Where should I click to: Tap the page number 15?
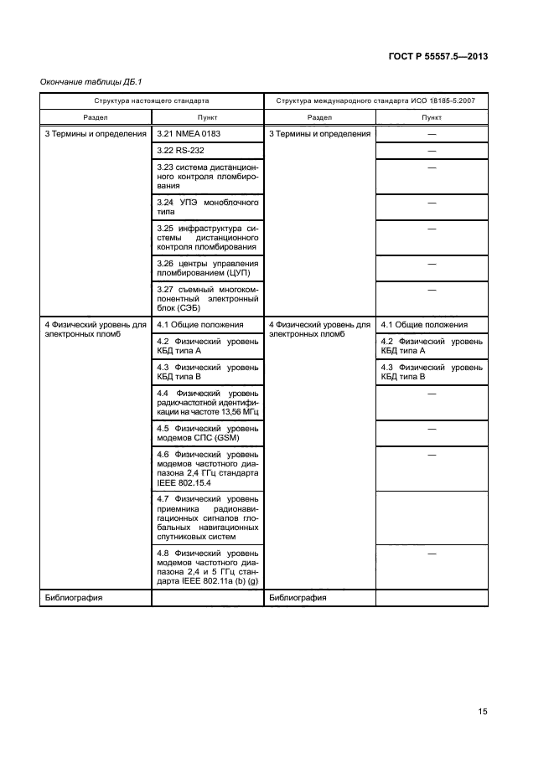tap(483, 712)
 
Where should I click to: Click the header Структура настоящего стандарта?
tap(152, 100)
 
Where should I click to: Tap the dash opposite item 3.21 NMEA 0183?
tap(432, 133)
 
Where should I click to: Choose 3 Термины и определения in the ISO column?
tap(319, 133)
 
